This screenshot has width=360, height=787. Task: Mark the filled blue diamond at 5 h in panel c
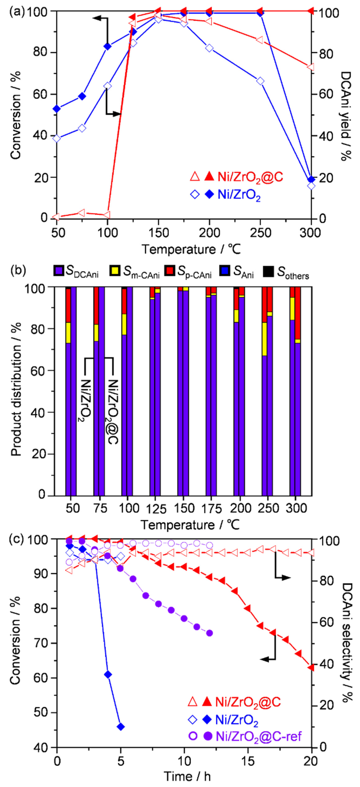coord(121,726)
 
